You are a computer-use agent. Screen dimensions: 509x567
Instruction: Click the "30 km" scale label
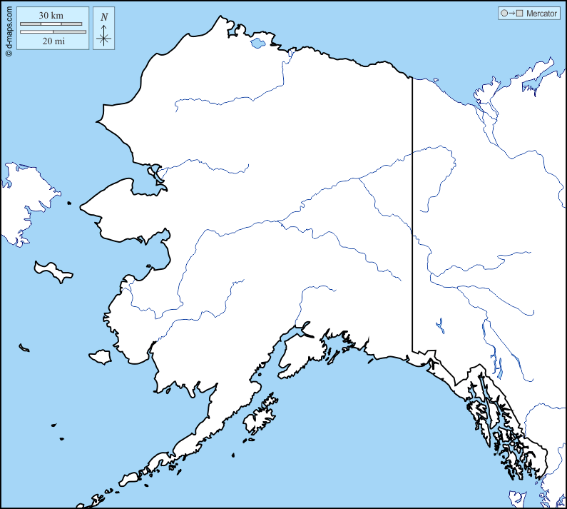[52, 15]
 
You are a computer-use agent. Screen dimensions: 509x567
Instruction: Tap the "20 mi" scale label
[53, 41]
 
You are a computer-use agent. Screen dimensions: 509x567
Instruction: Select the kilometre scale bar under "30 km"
[52, 24]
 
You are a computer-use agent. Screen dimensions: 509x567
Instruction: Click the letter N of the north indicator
[104, 17]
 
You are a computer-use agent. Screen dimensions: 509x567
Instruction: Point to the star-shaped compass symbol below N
[104, 36]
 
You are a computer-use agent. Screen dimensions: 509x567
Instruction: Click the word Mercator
[541, 14]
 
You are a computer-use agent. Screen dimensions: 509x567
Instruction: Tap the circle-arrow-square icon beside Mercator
[512, 14]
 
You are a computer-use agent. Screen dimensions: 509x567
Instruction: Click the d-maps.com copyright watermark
[9, 29]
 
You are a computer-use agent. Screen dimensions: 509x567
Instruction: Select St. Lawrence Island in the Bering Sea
[54, 271]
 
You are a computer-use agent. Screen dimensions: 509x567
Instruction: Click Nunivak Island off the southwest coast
[100, 356]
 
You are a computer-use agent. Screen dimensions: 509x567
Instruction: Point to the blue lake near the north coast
[257, 44]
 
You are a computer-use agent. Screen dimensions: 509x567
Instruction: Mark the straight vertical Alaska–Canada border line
[412, 214]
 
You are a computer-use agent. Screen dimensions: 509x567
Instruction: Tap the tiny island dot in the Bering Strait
[69, 203]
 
